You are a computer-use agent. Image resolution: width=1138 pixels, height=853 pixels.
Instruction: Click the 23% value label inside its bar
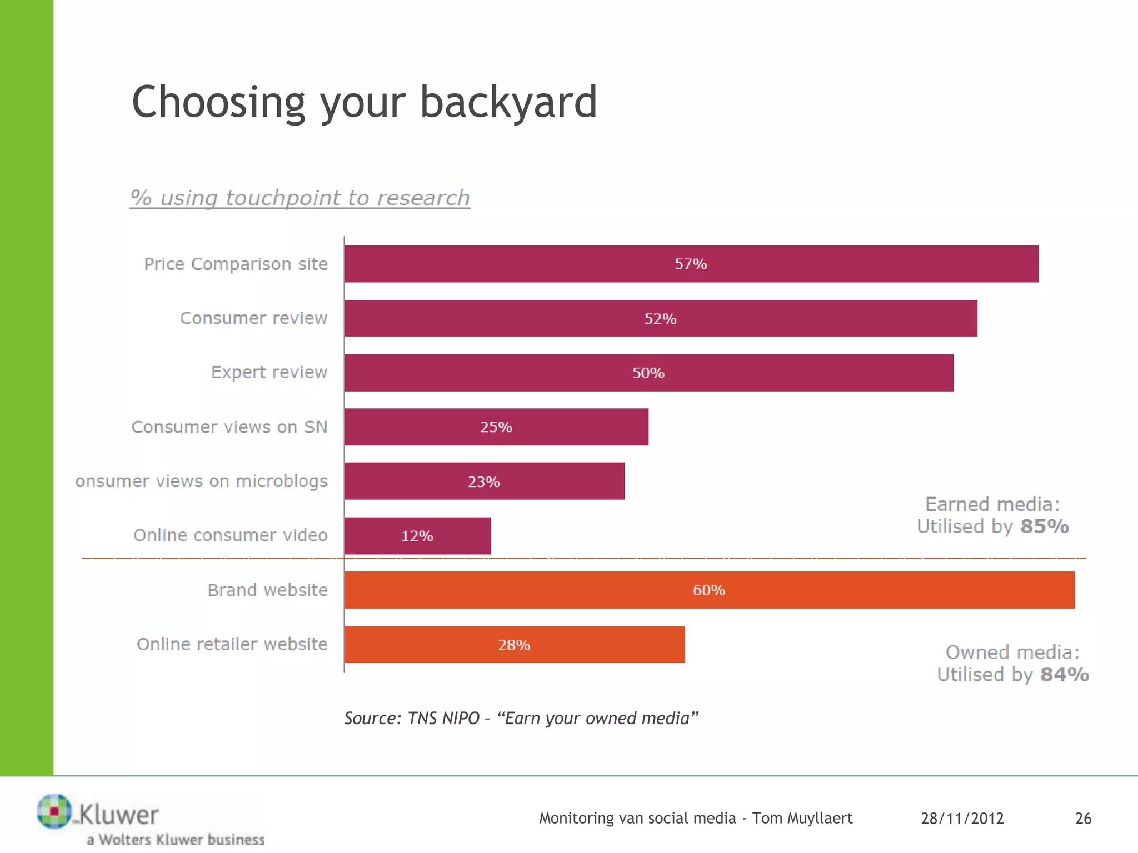pos(483,481)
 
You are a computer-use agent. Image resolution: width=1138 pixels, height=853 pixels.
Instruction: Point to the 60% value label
pos(708,590)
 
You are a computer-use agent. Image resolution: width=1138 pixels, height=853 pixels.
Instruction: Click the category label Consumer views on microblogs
pos(201,481)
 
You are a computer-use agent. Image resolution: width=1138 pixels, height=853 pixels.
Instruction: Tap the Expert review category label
pos(269,372)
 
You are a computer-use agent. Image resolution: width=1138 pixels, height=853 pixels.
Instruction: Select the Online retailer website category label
pos(232,644)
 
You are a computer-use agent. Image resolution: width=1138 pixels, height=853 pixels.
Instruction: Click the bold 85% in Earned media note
pos(1044,526)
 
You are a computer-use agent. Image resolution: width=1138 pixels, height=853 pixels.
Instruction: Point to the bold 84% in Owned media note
pos(1064,674)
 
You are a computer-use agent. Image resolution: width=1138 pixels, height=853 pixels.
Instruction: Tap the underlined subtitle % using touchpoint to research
pos(300,198)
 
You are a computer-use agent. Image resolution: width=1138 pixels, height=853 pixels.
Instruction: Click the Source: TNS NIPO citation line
pos(521,718)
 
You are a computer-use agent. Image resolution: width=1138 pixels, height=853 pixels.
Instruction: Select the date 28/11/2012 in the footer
pos(962,818)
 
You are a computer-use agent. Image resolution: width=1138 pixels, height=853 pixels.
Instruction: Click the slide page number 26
pos(1083,818)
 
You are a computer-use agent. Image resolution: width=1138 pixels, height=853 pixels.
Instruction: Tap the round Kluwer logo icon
pos(54,811)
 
